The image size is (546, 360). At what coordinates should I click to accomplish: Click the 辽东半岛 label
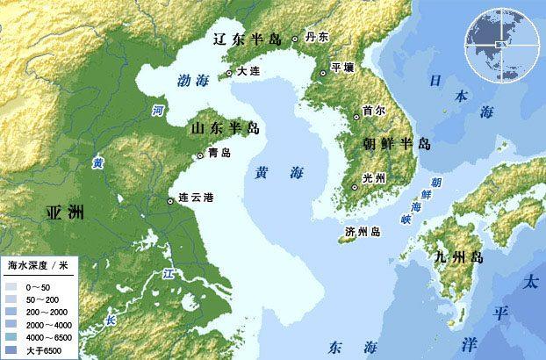[x=249, y=40]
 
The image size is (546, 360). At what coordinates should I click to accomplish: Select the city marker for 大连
[x=229, y=73]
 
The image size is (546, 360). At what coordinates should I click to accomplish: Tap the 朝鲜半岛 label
[x=397, y=143]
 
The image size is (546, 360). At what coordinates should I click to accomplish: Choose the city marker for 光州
[x=355, y=187]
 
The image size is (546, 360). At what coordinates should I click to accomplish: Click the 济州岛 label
[x=363, y=232]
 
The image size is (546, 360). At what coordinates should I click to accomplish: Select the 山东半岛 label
[x=226, y=129]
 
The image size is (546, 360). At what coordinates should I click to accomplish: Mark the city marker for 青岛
[x=201, y=155]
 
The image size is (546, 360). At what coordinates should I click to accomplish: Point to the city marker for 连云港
[x=169, y=201]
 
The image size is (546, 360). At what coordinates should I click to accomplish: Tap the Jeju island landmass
[x=348, y=237]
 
